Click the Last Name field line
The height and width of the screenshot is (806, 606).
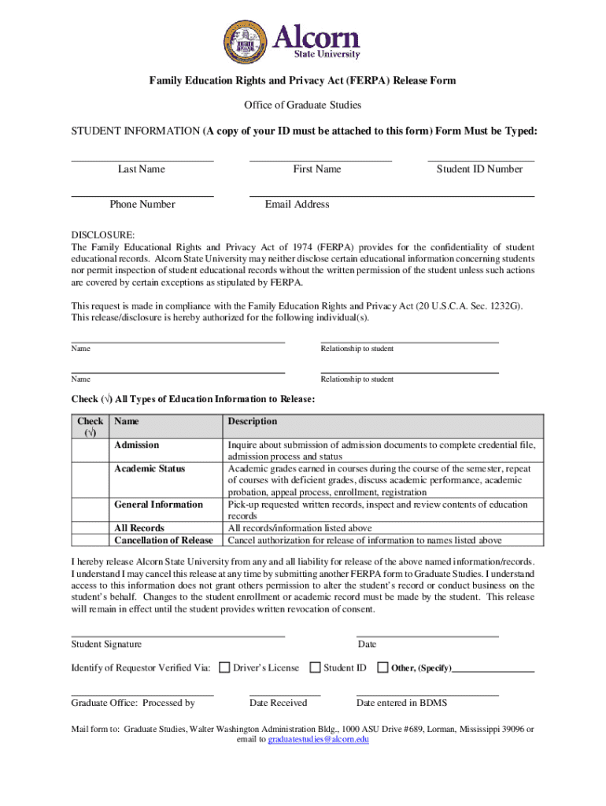click(x=142, y=160)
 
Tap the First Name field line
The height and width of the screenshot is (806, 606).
click(x=320, y=160)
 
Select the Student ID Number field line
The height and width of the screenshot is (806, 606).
click(x=480, y=160)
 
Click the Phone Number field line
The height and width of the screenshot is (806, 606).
click(x=142, y=195)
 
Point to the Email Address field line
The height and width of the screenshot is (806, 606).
click(x=392, y=195)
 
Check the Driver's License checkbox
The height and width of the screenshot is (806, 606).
click(x=224, y=667)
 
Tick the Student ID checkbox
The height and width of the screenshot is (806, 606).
click(x=315, y=667)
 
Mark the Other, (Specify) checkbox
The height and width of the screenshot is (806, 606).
click(x=383, y=667)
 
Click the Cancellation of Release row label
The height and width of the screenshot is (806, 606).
click(x=164, y=541)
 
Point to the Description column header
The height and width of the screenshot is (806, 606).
click(x=253, y=422)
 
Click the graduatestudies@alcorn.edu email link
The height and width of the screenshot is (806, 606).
click(x=318, y=740)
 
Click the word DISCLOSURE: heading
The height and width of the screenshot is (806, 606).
click(x=103, y=235)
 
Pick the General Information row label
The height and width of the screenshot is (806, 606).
click(x=158, y=505)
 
